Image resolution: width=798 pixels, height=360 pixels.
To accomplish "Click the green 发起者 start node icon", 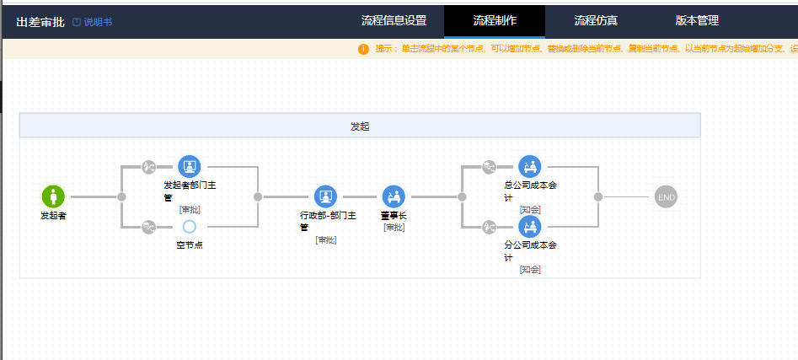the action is click(x=53, y=196).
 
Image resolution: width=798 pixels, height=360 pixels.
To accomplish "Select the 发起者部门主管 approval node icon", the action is click(x=190, y=166).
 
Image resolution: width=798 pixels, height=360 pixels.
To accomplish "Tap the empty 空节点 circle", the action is click(x=190, y=227).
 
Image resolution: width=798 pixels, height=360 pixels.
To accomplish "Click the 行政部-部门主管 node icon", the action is click(x=326, y=196).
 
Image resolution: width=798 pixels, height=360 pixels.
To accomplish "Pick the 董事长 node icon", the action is click(x=394, y=196).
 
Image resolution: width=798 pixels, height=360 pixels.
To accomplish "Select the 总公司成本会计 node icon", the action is click(x=530, y=166).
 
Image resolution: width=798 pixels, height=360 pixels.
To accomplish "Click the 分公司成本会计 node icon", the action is click(x=530, y=227).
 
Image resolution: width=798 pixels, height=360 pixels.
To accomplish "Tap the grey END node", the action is click(x=667, y=197).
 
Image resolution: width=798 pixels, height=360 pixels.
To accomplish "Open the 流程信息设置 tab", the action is click(x=394, y=21).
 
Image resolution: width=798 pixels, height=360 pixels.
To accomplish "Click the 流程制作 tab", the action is click(x=495, y=21).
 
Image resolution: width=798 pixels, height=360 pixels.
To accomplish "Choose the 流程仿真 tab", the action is click(x=596, y=21).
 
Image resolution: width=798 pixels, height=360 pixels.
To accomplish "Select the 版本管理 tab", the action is click(x=697, y=21).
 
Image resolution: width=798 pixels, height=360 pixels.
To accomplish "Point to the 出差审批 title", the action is click(x=40, y=23).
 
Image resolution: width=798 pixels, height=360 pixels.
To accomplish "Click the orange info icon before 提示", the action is click(x=363, y=49).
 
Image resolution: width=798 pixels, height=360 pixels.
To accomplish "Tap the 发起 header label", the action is click(x=360, y=126).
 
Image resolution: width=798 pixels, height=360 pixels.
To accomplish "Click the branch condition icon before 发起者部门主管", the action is click(x=148, y=166).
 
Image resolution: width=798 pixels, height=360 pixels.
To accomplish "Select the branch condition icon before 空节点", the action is click(x=148, y=227).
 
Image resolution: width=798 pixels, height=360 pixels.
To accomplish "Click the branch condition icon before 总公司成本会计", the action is click(x=489, y=166).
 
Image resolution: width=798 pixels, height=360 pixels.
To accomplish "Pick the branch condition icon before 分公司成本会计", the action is click(x=489, y=227).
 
